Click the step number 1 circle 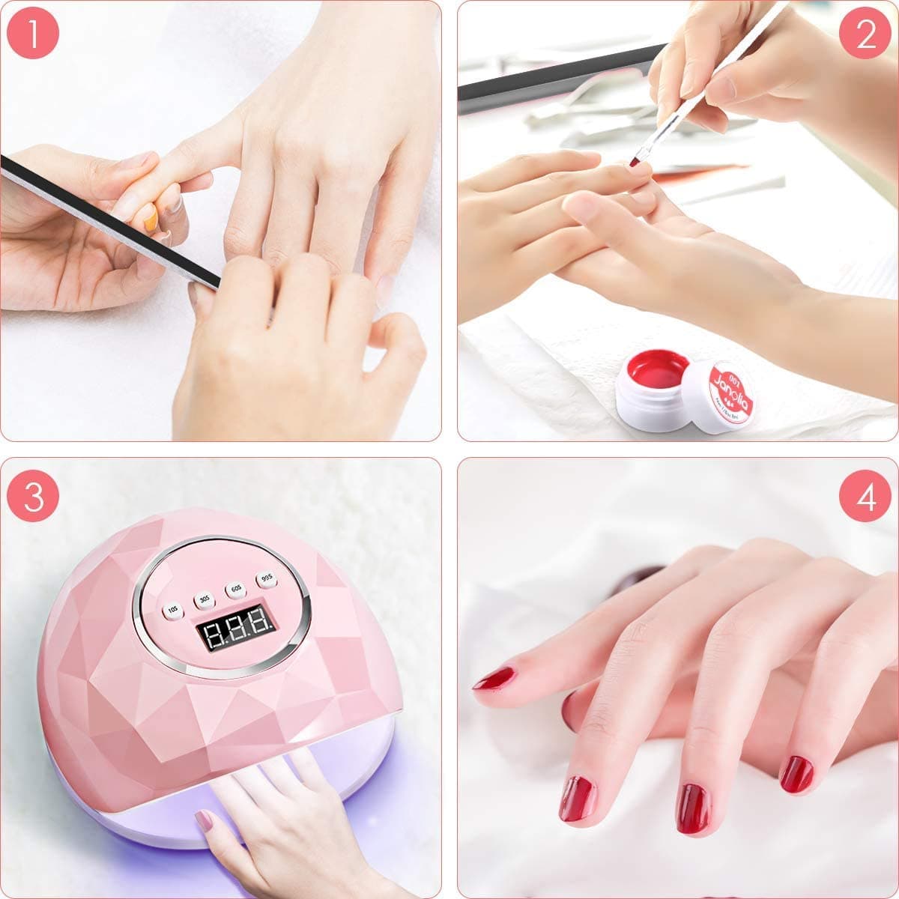tap(34, 34)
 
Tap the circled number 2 tap(865, 34)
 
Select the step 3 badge tap(34, 495)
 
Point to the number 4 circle tap(865, 495)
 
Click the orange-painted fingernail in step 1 tap(151, 219)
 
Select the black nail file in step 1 tap(112, 217)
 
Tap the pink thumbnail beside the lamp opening tap(203, 820)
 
